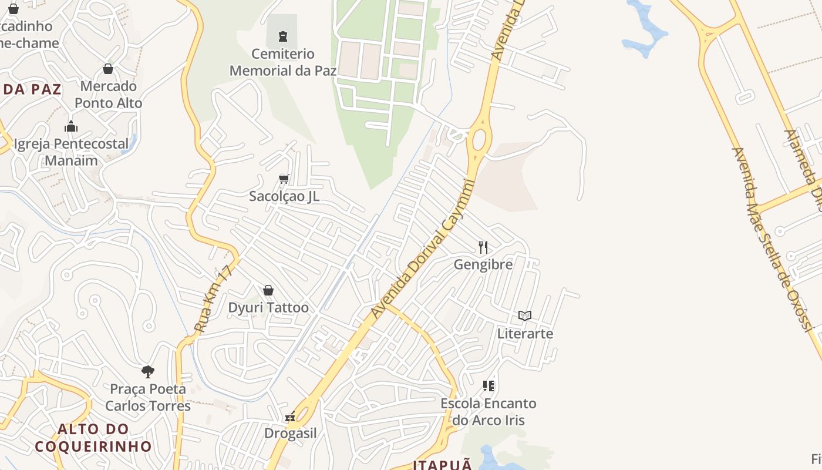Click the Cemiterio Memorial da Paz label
(x=283, y=62)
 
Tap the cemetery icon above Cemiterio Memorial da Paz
(x=283, y=36)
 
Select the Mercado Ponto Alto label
(x=109, y=95)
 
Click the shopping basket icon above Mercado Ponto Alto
(x=108, y=69)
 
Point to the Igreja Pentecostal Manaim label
(x=71, y=152)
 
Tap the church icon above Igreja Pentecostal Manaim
(x=71, y=126)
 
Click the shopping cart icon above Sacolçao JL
(x=284, y=179)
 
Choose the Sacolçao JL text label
(x=284, y=196)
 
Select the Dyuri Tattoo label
(x=268, y=308)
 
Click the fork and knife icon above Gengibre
(x=483, y=247)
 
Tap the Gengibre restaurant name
(x=483, y=264)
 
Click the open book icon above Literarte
(x=525, y=316)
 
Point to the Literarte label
(x=525, y=334)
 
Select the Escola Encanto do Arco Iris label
(x=489, y=412)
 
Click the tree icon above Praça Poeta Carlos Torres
(x=148, y=371)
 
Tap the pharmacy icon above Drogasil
(x=290, y=417)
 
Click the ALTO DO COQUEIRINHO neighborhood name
(x=93, y=438)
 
